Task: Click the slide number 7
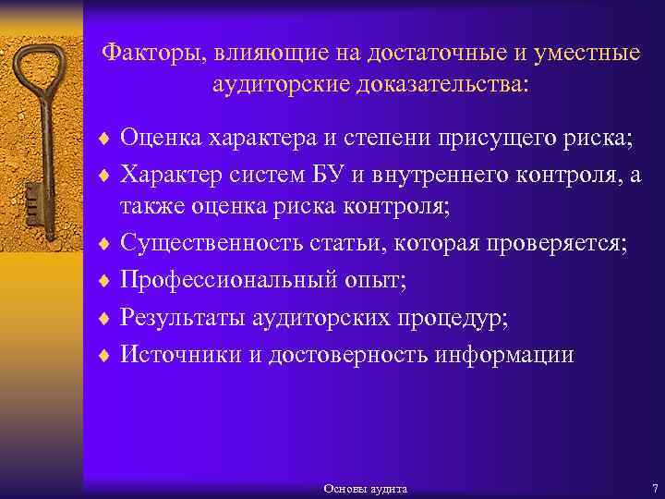pyautogui.click(x=653, y=486)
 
